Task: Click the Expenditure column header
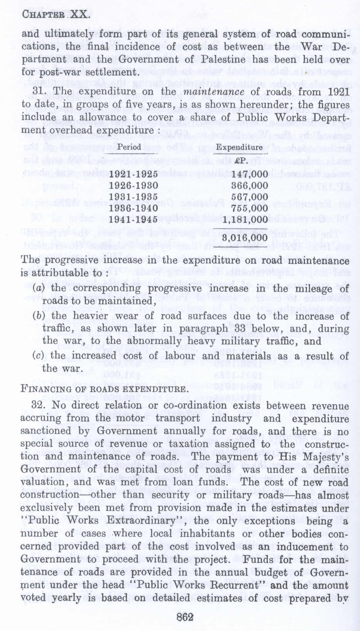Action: tap(239, 148)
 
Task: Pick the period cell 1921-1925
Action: tap(133, 174)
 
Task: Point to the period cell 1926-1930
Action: tap(133, 186)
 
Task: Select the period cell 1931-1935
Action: tap(133, 197)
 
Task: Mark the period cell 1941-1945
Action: tap(133, 219)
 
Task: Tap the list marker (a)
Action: tap(38, 289)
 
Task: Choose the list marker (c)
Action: tap(38, 356)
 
